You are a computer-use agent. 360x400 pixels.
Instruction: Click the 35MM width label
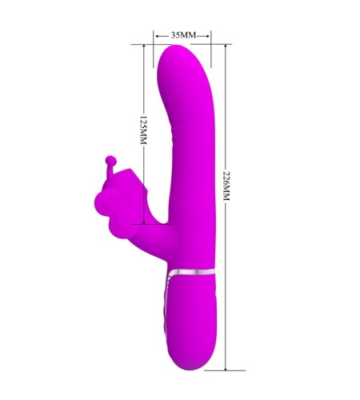pyautogui.click(x=183, y=35)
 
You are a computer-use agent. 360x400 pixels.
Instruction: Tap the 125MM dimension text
pyautogui.click(x=143, y=130)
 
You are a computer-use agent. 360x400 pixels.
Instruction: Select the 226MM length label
pyautogui.click(x=226, y=186)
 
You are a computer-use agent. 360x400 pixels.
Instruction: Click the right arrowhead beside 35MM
pyautogui.click(x=207, y=36)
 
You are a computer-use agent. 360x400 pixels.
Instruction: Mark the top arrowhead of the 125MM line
pyautogui.click(x=144, y=46)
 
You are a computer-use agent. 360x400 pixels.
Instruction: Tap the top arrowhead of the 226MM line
pyautogui.click(x=226, y=46)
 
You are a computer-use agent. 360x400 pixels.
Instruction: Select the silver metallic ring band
pyautogui.click(x=193, y=271)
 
